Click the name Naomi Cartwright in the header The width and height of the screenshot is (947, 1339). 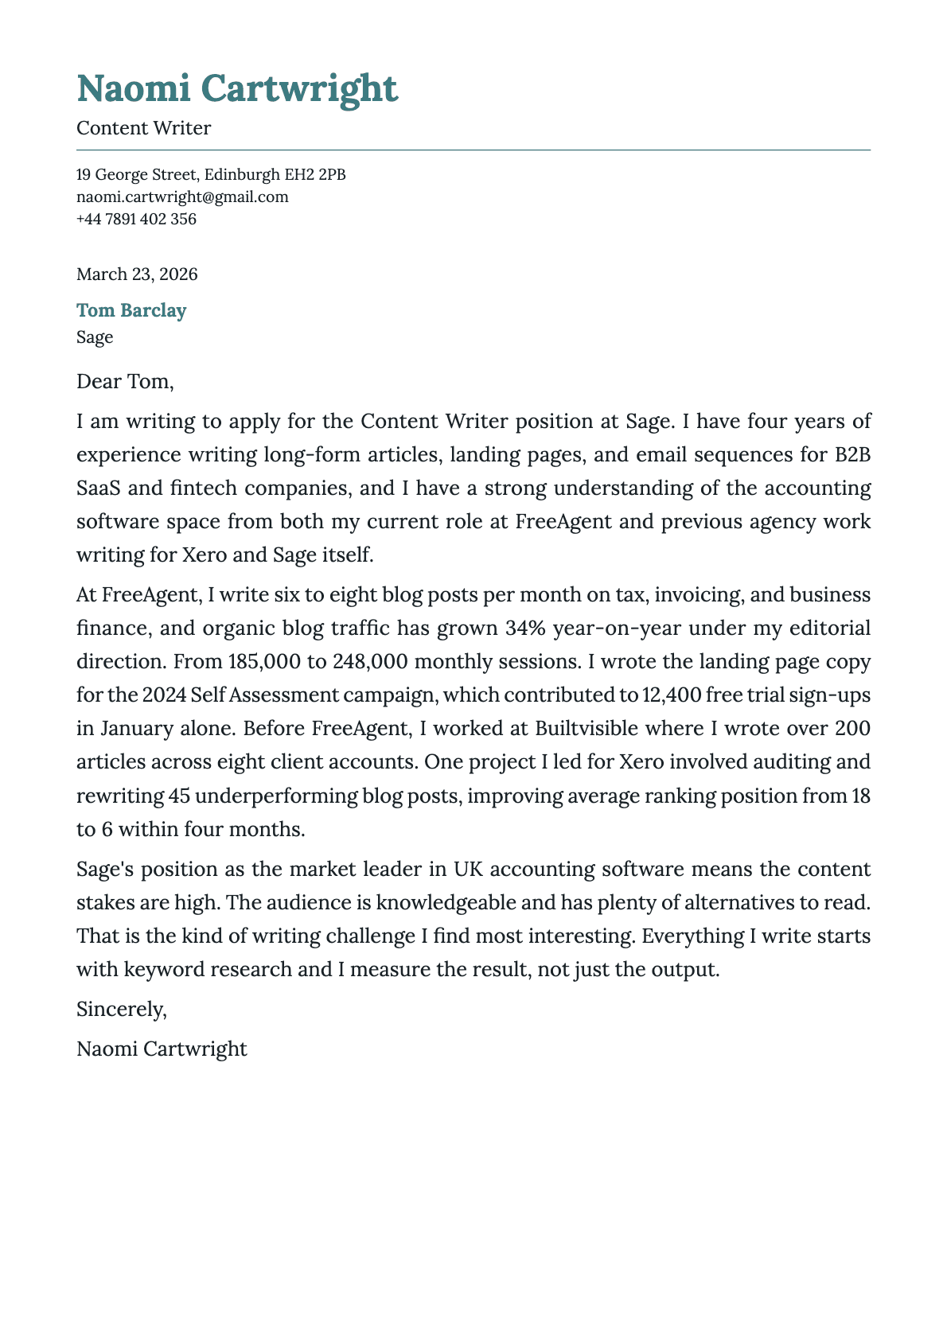click(236, 88)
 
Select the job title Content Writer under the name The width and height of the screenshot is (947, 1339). click(143, 128)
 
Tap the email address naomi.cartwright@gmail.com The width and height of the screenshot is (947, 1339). click(182, 197)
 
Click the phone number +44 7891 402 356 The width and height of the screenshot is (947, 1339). click(136, 219)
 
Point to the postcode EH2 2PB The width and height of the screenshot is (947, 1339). click(314, 174)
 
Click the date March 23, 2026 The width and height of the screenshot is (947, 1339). click(137, 274)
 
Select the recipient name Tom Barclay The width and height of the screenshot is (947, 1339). click(131, 310)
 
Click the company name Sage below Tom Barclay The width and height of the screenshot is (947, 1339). click(95, 337)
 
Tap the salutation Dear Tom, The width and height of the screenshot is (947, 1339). click(124, 382)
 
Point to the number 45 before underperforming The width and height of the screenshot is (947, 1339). click(179, 796)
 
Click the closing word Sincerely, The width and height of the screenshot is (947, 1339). click(122, 1010)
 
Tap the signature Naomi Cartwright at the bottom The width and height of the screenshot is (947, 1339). click(162, 1049)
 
